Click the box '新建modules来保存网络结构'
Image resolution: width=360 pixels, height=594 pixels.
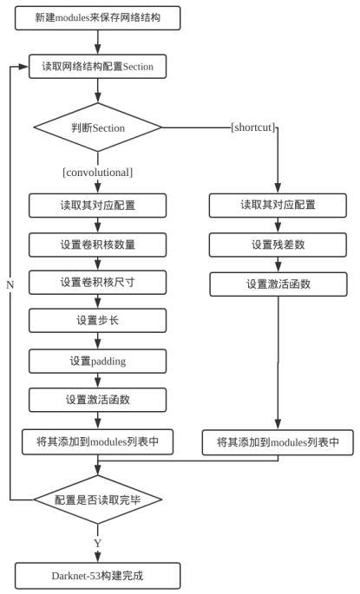tap(97, 18)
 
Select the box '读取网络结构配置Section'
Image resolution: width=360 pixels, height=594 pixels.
tap(97, 67)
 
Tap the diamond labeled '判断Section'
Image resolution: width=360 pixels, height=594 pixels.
tap(98, 127)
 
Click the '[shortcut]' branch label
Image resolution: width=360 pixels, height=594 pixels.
tap(253, 127)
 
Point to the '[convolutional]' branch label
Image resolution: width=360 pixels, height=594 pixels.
tap(98, 173)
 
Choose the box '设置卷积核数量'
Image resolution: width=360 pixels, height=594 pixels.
tap(97, 245)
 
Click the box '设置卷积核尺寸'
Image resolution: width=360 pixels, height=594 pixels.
tap(97, 283)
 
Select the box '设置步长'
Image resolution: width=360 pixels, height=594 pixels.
tap(97, 321)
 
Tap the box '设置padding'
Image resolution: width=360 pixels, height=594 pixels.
tap(97, 361)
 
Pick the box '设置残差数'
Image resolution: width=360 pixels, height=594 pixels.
tap(278, 245)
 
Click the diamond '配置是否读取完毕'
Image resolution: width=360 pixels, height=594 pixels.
tap(98, 499)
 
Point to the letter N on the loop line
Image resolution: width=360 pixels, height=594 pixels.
tap(10, 285)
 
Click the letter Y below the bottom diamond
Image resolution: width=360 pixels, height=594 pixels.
tap(98, 543)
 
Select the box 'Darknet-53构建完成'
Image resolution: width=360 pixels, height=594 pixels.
tap(97, 576)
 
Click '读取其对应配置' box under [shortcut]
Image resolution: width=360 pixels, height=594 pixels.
tap(278, 206)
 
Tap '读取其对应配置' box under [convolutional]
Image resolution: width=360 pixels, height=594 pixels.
tap(97, 206)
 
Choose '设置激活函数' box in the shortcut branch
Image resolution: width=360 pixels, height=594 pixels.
tap(278, 284)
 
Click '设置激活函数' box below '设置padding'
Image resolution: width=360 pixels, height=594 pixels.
tap(97, 400)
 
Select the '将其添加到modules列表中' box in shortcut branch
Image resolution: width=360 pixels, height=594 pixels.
tap(278, 442)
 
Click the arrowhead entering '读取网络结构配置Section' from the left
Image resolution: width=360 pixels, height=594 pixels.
tap(24, 67)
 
